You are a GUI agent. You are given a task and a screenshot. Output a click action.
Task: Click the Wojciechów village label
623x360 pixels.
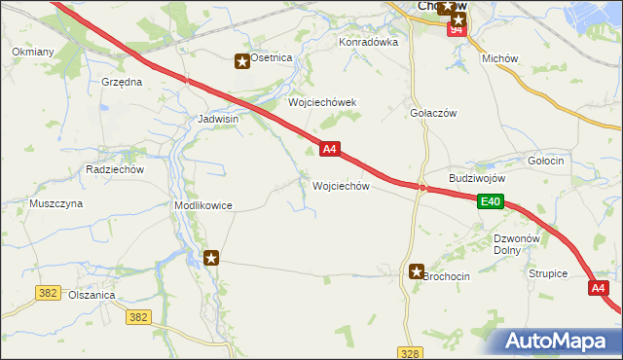coord(340,186)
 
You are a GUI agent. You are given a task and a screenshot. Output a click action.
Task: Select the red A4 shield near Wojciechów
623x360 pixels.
coord(330,149)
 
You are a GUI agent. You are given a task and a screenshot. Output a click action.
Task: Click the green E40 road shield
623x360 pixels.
coord(490,201)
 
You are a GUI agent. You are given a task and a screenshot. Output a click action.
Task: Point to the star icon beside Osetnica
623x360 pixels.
coord(241,61)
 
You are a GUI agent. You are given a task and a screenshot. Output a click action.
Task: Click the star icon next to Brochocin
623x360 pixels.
coord(417,273)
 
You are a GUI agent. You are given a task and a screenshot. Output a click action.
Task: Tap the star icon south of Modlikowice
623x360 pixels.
coord(211,258)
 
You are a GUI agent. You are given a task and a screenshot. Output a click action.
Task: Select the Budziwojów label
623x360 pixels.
coord(477,179)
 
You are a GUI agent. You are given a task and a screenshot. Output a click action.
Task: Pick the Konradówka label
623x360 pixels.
coord(369,43)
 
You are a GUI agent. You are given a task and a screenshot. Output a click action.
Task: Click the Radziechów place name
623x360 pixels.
coord(115,168)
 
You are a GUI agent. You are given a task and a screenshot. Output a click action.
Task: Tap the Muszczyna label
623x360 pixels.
coord(56,203)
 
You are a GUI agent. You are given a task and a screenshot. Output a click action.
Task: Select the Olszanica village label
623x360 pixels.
coord(92,296)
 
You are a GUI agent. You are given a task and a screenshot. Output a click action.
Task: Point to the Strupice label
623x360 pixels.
coord(548,273)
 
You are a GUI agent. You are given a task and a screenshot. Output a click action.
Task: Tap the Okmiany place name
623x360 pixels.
coord(32,51)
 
